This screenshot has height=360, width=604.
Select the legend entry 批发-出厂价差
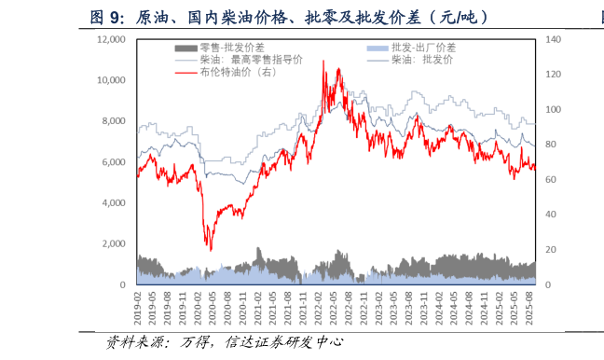pyautogui.click(x=423, y=48)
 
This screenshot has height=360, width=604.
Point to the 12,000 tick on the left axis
pyautogui.click(x=111, y=39)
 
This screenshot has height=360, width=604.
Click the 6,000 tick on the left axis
pyautogui.click(x=114, y=162)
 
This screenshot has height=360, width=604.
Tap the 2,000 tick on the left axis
pyautogui.click(x=114, y=243)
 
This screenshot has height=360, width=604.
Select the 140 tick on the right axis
pyautogui.click(x=553, y=39)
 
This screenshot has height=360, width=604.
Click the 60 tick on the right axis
pyautogui.click(x=550, y=179)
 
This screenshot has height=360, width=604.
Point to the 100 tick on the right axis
pyautogui.click(x=553, y=109)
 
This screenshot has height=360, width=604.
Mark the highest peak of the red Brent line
pyautogui.click(x=323, y=61)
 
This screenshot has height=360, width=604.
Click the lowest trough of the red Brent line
pyautogui.click(x=210, y=250)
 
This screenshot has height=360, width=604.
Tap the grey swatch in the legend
pyautogui.click(x=185, y=48)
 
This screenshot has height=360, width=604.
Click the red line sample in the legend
pyautogui.click(x=185, y=72)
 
